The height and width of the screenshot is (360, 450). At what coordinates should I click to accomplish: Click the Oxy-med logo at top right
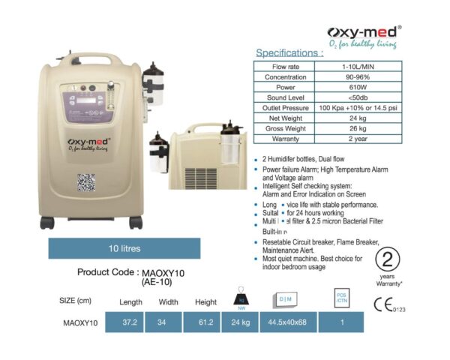pos(365,34)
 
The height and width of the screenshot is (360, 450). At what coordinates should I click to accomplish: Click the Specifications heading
pos(289,53)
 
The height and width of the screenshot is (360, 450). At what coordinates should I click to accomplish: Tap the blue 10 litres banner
pos(121,247)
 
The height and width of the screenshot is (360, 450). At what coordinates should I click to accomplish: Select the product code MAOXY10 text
pos(175,273)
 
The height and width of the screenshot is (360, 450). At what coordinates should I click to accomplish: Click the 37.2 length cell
pos(130,324)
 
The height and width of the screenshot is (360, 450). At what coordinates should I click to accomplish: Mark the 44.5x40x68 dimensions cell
pos(287,324)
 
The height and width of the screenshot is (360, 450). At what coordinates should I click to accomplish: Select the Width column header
pos(169,301)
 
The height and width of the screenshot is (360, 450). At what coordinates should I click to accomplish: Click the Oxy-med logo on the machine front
pos(87,142)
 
